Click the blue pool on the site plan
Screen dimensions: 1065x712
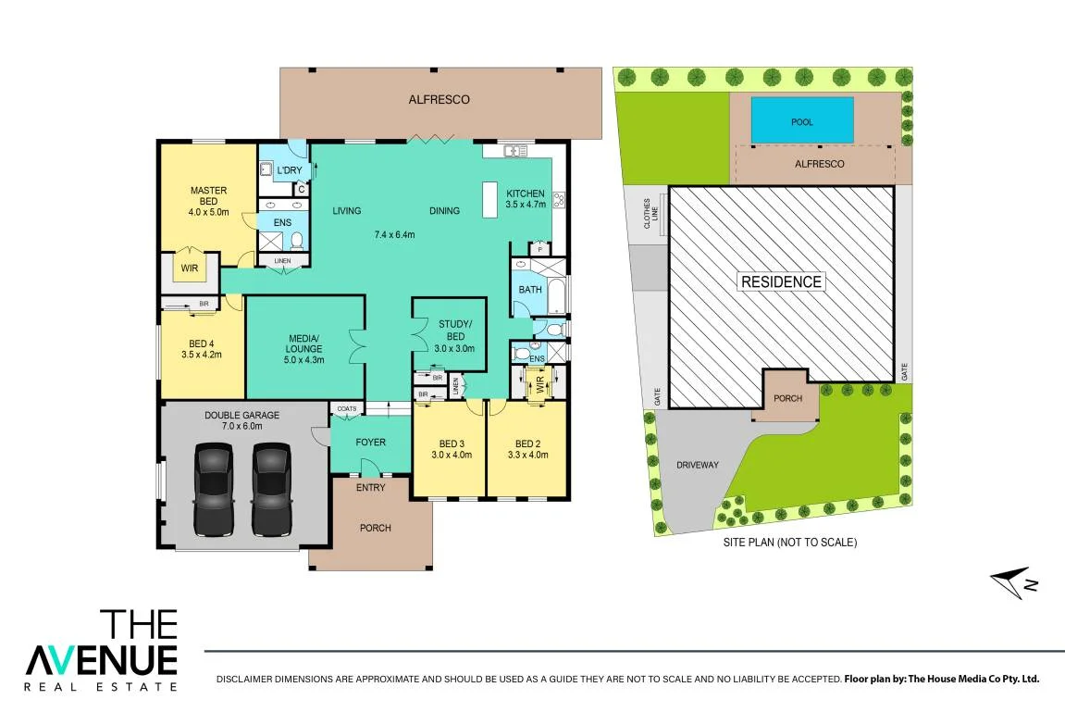(x=802, y=120)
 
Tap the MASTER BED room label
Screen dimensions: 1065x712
(x=208, y=195)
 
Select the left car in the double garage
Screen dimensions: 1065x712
(x=214, y=489)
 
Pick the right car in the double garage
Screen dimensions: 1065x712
(x=272, y=489)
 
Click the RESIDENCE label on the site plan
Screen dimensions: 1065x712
(x=781, y=282)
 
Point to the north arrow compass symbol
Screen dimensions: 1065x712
(x=1013, y=583)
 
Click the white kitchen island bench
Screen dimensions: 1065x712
(x=489, y=200)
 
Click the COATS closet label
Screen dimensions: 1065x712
(x=346, y=409)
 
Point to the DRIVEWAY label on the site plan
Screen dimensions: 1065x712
(x=698, y=465)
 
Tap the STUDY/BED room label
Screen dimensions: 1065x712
(x=455, y=331)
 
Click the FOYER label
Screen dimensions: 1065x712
(x=371, y=443)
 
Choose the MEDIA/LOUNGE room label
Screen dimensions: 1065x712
(x=303, y=344)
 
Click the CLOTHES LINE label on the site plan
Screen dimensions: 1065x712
(x=650, y=213)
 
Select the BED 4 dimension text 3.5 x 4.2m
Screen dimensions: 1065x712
(x=202, y=355)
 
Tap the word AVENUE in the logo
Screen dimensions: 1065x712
(x=101, y=659)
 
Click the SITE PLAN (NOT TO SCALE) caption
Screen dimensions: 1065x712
(x=790, y=543)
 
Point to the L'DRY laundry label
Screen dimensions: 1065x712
(x=289, y=169)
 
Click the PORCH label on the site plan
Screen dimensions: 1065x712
(x=788, y=398)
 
